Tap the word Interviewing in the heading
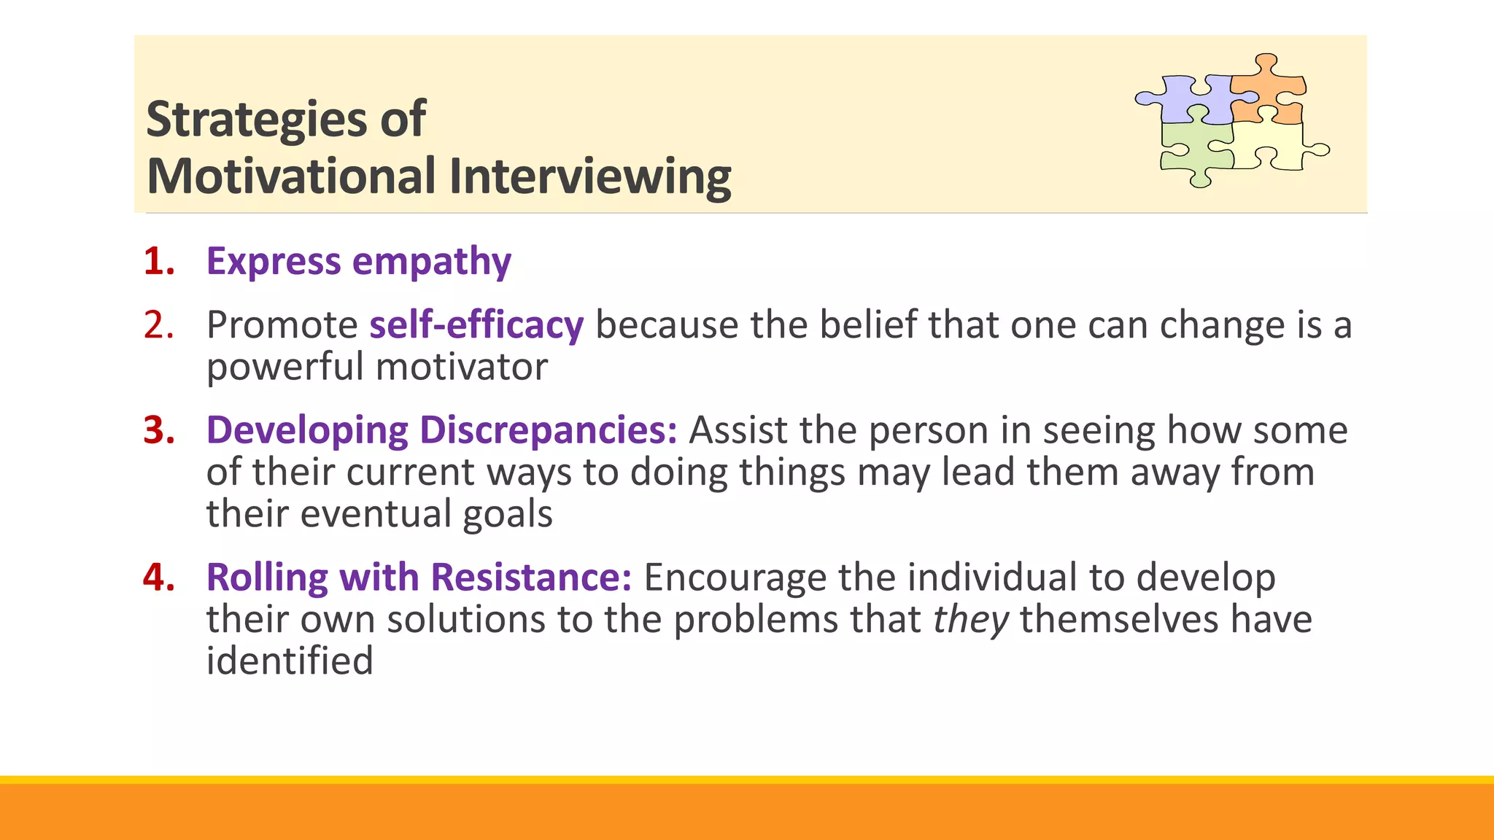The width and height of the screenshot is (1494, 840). coord(589,177)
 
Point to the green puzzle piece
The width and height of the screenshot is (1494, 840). coord(1193,149)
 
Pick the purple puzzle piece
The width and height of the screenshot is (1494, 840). coord(1189,98)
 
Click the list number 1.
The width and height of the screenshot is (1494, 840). coord(158,262)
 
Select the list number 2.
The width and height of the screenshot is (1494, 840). coord(158,325)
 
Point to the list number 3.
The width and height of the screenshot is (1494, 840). coord(158,430)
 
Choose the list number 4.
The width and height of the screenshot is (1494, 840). coord(158,577)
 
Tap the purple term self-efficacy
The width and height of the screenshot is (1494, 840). coord(476,325)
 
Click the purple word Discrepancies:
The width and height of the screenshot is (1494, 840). coord(548,430)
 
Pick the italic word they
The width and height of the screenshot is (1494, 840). coord(971,620)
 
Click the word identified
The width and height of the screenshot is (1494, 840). coord(290,661)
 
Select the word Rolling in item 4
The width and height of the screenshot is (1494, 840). coord(267,577)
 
